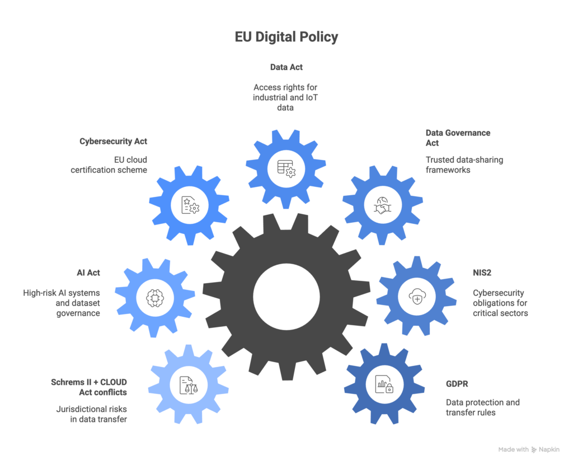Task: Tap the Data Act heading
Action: coord(286,67)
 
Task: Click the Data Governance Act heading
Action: coord(458,138)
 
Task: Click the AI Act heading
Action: coord(88,273)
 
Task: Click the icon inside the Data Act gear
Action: coord(286,169)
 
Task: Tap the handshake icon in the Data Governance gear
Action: coord(383,205)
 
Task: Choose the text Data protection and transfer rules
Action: coord(482,407)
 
